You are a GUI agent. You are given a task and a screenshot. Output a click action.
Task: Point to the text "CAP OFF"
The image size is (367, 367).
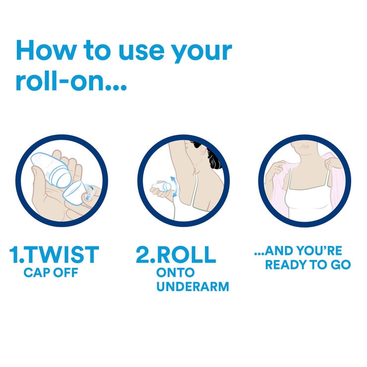[51, 273]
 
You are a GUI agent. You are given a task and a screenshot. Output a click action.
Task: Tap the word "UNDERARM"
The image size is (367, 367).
[192, 287]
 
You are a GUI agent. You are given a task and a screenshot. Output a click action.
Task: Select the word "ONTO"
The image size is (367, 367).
[176, 273]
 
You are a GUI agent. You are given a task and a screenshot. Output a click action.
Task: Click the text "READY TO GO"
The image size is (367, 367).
[307, 265]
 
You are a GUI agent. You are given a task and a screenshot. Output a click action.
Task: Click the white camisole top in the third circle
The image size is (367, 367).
[304, 203]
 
